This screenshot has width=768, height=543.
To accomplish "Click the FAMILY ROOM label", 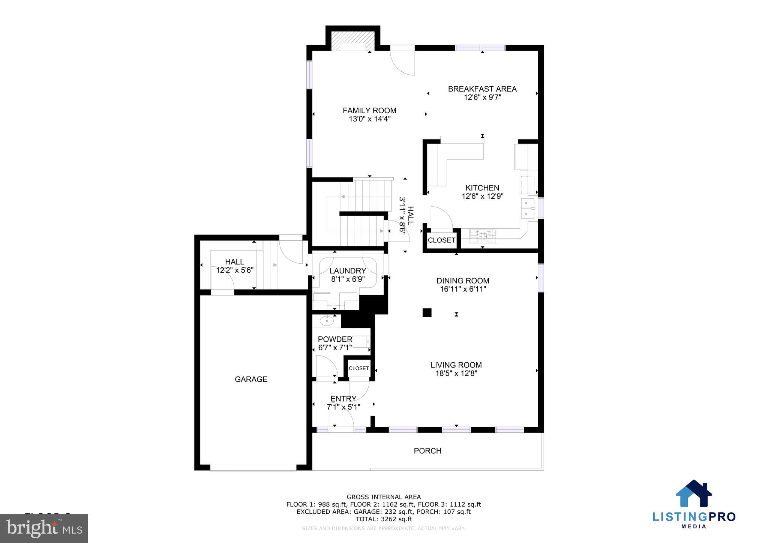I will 369,111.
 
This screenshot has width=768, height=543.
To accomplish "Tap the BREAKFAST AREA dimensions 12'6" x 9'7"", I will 482,97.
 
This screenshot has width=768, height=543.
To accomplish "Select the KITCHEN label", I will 482,188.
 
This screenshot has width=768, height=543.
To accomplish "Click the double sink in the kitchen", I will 527,208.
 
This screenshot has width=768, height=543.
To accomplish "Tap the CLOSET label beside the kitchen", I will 441,240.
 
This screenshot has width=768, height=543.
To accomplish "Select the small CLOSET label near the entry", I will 359,368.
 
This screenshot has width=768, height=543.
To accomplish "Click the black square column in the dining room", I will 427,312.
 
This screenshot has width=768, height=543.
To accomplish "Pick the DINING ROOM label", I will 463,280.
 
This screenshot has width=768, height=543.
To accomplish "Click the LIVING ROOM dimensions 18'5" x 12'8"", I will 456,373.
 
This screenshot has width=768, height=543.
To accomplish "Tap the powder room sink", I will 327,321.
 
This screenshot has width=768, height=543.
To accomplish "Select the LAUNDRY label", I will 348,271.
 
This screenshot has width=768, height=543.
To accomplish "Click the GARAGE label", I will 251,379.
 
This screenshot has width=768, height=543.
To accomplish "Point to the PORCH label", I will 427,451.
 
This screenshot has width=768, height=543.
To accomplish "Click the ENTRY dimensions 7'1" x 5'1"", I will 343,407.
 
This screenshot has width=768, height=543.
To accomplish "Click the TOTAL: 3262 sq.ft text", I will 384,519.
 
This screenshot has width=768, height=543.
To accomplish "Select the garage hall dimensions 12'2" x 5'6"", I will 235,270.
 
